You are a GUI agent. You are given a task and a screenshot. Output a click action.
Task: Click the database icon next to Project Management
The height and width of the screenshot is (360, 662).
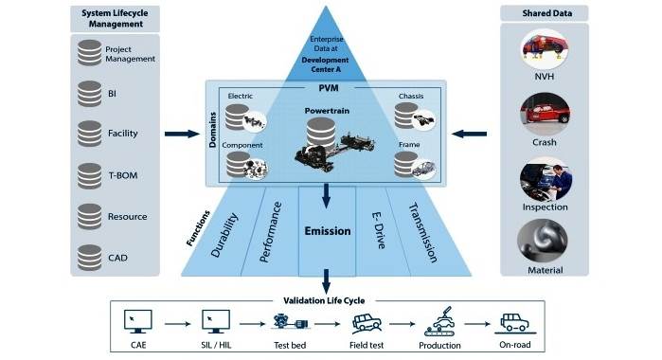point(90,54)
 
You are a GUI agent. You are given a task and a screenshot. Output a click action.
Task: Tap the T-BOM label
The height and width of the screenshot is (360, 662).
point(117,175)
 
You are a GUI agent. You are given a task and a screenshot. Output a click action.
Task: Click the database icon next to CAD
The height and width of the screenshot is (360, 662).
point(90,255)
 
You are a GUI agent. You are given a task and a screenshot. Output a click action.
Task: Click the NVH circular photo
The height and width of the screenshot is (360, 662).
point(545,54)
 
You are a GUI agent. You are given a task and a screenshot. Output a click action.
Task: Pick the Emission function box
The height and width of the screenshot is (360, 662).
point(327,230)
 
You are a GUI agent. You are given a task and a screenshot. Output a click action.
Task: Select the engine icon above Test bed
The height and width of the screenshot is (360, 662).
point(283,320)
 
